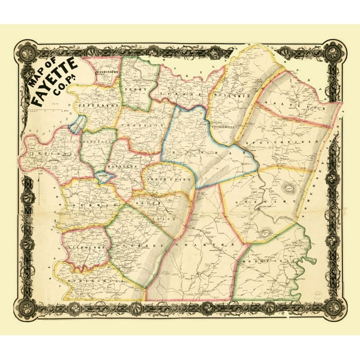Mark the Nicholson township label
tap(85, 248)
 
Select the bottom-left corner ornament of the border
tap(27, 306)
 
